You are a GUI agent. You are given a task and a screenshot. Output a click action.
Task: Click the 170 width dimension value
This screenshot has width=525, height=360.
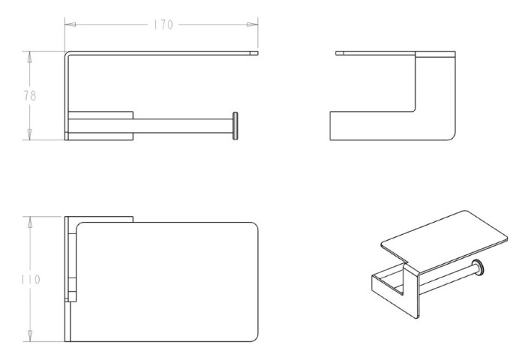point(163,25)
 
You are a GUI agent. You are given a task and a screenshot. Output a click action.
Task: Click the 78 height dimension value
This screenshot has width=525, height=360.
point(30,96)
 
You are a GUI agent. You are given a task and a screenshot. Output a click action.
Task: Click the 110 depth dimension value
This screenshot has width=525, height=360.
point(31,279)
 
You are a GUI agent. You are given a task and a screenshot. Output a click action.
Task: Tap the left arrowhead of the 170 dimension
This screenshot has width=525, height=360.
point(70,25)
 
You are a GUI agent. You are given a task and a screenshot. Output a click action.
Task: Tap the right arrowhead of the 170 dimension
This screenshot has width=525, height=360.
point(252,25)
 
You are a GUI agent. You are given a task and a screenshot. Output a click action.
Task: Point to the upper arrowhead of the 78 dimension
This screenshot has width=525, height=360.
point(29,57)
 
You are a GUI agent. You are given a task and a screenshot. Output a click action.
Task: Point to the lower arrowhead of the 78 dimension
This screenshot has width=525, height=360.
point(29,134)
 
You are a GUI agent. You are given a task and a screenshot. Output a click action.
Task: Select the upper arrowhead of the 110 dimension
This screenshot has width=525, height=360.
point(30,222)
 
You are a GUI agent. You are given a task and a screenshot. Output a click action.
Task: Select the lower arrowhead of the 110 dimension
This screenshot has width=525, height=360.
point(30,336)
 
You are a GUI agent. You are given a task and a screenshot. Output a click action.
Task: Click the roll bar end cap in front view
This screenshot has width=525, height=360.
point(235,126)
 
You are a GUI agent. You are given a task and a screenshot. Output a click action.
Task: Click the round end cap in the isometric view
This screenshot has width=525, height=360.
point(478,267)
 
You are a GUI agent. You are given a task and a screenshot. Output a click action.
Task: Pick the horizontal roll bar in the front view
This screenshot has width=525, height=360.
point(183,126)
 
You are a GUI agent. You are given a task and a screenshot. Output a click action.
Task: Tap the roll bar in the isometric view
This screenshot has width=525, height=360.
point(447,278)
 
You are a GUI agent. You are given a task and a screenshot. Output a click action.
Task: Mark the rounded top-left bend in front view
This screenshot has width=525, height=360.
point(67,54)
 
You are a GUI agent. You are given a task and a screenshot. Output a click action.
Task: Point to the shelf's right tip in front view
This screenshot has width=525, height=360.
point(257,53)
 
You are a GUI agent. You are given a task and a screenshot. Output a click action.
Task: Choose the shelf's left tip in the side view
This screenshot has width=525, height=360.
point(336,53)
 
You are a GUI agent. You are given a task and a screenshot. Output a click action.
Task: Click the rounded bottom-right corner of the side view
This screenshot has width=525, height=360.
point(453,138)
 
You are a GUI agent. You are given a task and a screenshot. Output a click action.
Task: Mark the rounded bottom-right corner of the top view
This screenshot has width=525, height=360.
point(255,339)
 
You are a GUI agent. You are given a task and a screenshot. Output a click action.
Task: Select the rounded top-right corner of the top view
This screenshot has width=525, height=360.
point(255,225)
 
